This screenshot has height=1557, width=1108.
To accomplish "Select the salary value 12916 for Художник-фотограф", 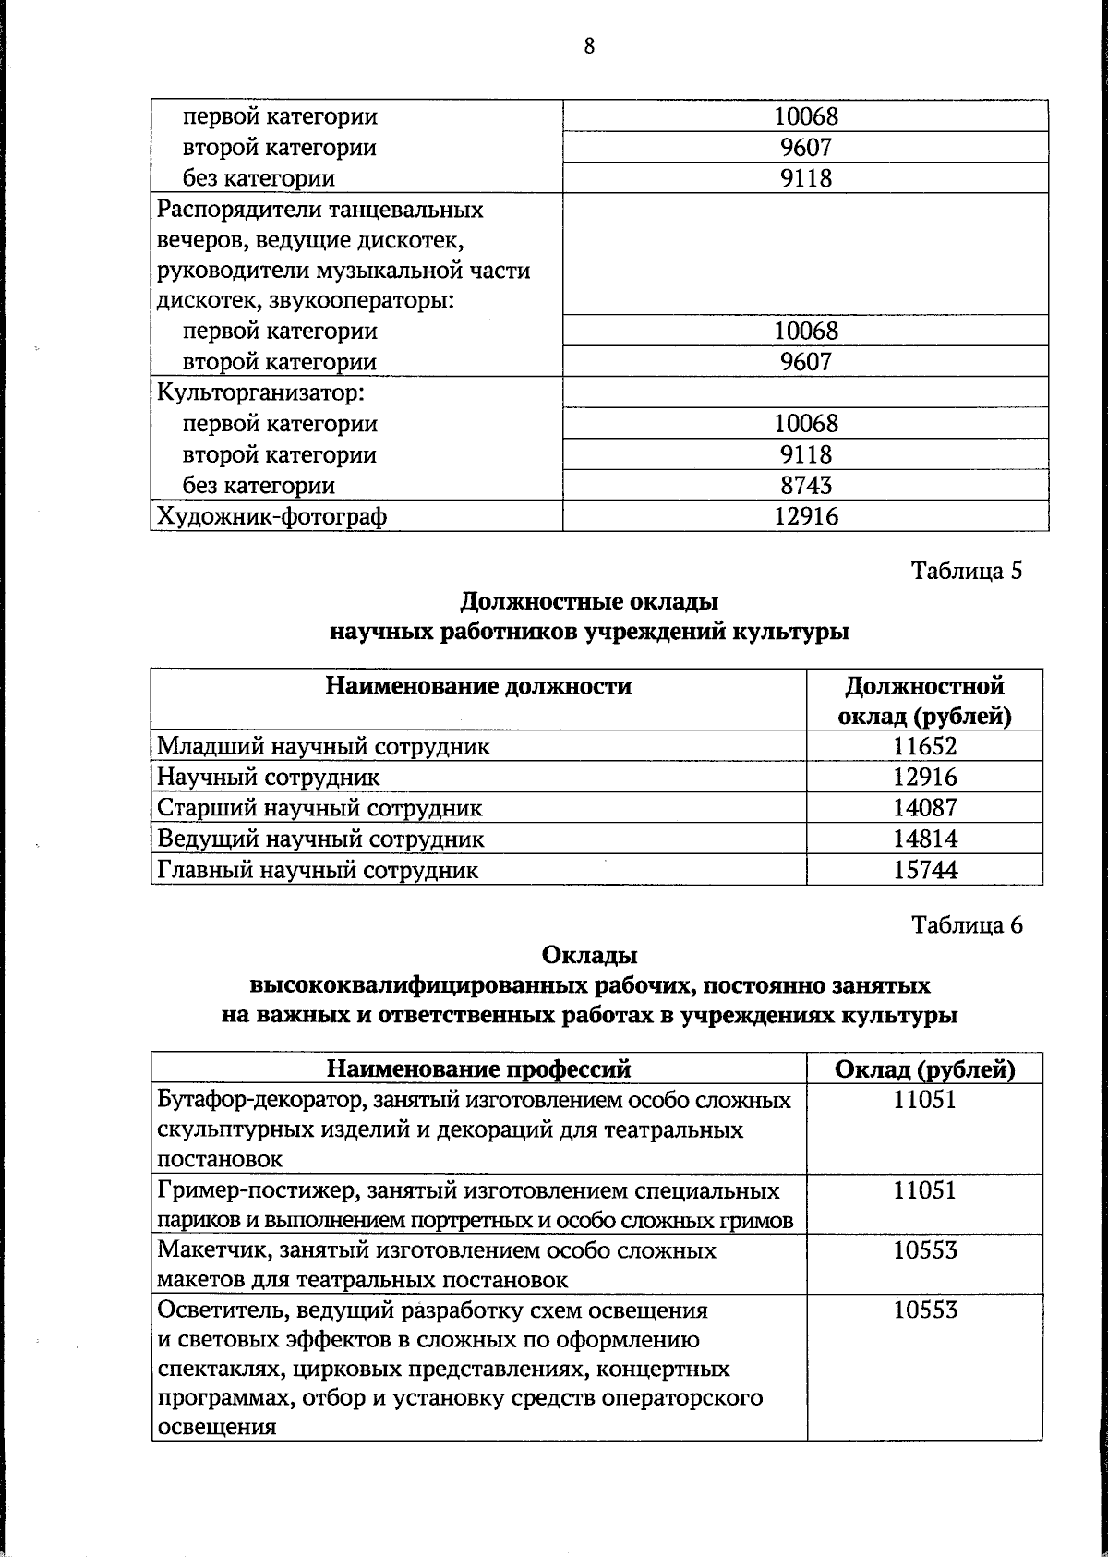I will coord(806,516).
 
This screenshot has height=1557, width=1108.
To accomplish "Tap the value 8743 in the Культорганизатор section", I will coord(806,486).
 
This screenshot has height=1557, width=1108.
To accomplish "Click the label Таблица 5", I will coord(967,571).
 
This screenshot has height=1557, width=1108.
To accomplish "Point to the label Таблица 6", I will coord(967,924).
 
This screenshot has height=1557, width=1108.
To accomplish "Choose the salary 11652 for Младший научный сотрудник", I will coord(924,746).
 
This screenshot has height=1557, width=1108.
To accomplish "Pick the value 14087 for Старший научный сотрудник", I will coord(924,808).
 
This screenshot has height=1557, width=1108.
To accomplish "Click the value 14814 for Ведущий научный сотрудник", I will coord(924,839).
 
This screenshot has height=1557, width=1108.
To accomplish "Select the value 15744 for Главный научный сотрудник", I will coord(924,870).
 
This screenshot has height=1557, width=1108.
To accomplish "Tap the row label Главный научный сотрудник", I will coord(318,870).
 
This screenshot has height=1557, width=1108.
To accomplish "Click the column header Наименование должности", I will coord(478,686).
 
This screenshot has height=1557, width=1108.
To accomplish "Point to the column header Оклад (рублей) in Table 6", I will coord(924,1069).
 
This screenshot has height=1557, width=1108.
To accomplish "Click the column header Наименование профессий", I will coord(478,1069).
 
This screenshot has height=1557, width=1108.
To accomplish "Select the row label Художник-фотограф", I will coord(271,516).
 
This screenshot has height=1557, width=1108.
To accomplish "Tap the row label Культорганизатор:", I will coord(261,393).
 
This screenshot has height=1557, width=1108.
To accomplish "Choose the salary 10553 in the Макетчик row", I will coord(924,1250).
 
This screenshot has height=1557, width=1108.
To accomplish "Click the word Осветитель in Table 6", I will coord(214,1310).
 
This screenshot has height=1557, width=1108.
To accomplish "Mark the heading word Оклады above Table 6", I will coord(589,955).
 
